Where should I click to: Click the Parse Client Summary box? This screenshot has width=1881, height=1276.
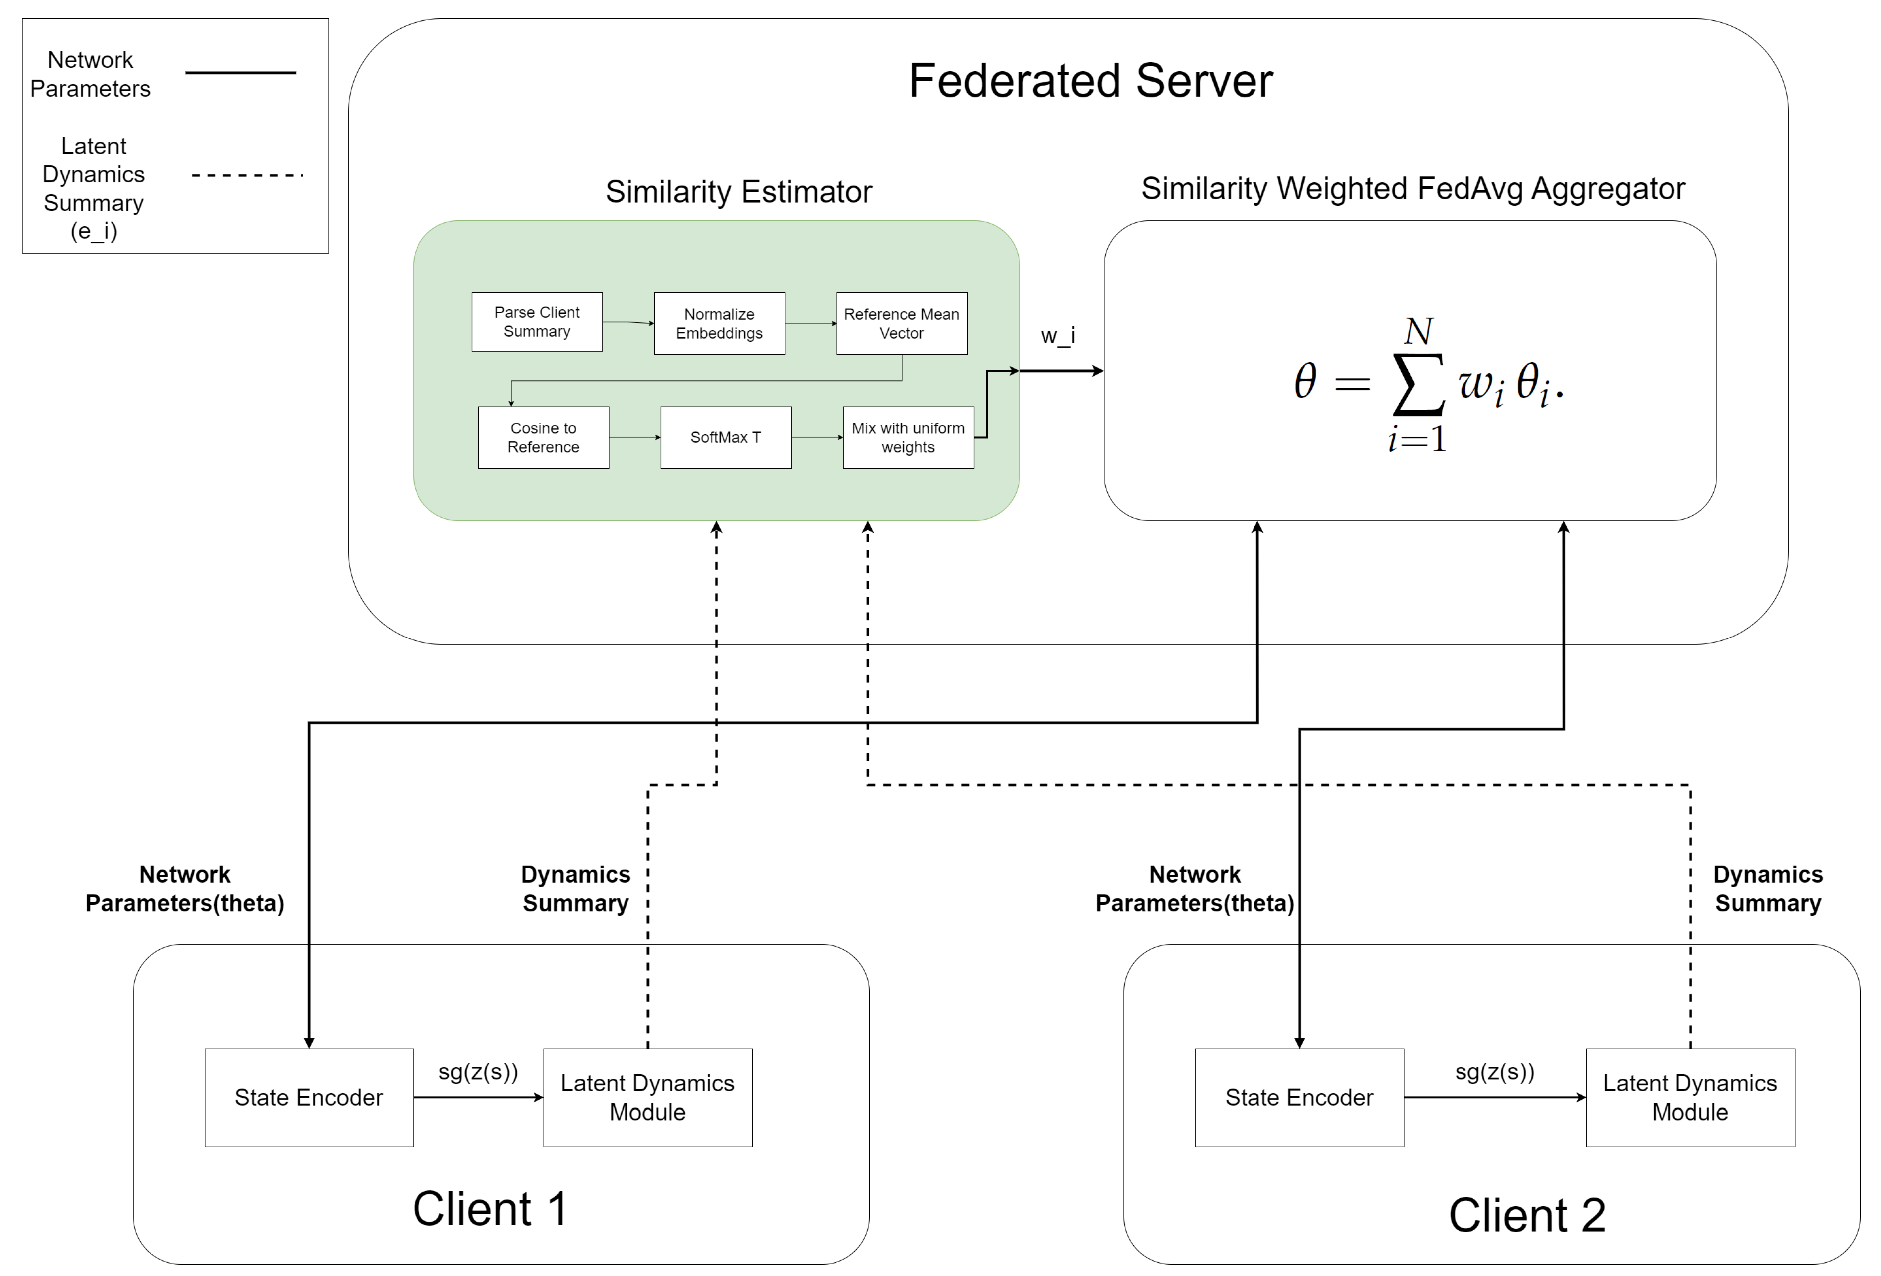pyautogui.click(x=537, y=321)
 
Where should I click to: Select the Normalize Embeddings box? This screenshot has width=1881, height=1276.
pyautogui.click(x=719, y=323)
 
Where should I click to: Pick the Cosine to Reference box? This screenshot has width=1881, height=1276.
pyautogui.click(x=543, y=437)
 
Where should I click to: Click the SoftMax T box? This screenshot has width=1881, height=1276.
pyautogui.click(x=725, y=437)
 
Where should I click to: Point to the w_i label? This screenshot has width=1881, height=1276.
pyautogui.click(x=1057, y=335)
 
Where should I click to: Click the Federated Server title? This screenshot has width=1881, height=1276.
pyautogui.click(x=1090, y=81)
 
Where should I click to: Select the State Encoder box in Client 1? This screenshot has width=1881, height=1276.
pyautogui.click(x=308, y=1097)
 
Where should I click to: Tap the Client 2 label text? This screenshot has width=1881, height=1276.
pyautogui.click(x=1526, y=1215)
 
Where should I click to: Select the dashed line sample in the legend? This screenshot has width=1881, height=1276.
pyautogui.click(x=246, y=174)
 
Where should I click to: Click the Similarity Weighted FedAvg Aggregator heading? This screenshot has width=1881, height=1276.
pyautogui.click(x=1412, y=189)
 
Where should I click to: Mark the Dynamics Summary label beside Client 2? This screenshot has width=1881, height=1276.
pyautogui.click(x=1768, y=888)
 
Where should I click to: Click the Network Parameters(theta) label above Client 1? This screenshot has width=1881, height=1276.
pyautogui.click(x=185, y=888)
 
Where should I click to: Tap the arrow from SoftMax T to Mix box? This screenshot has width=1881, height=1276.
pyautogui.click(x=817, y=437)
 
